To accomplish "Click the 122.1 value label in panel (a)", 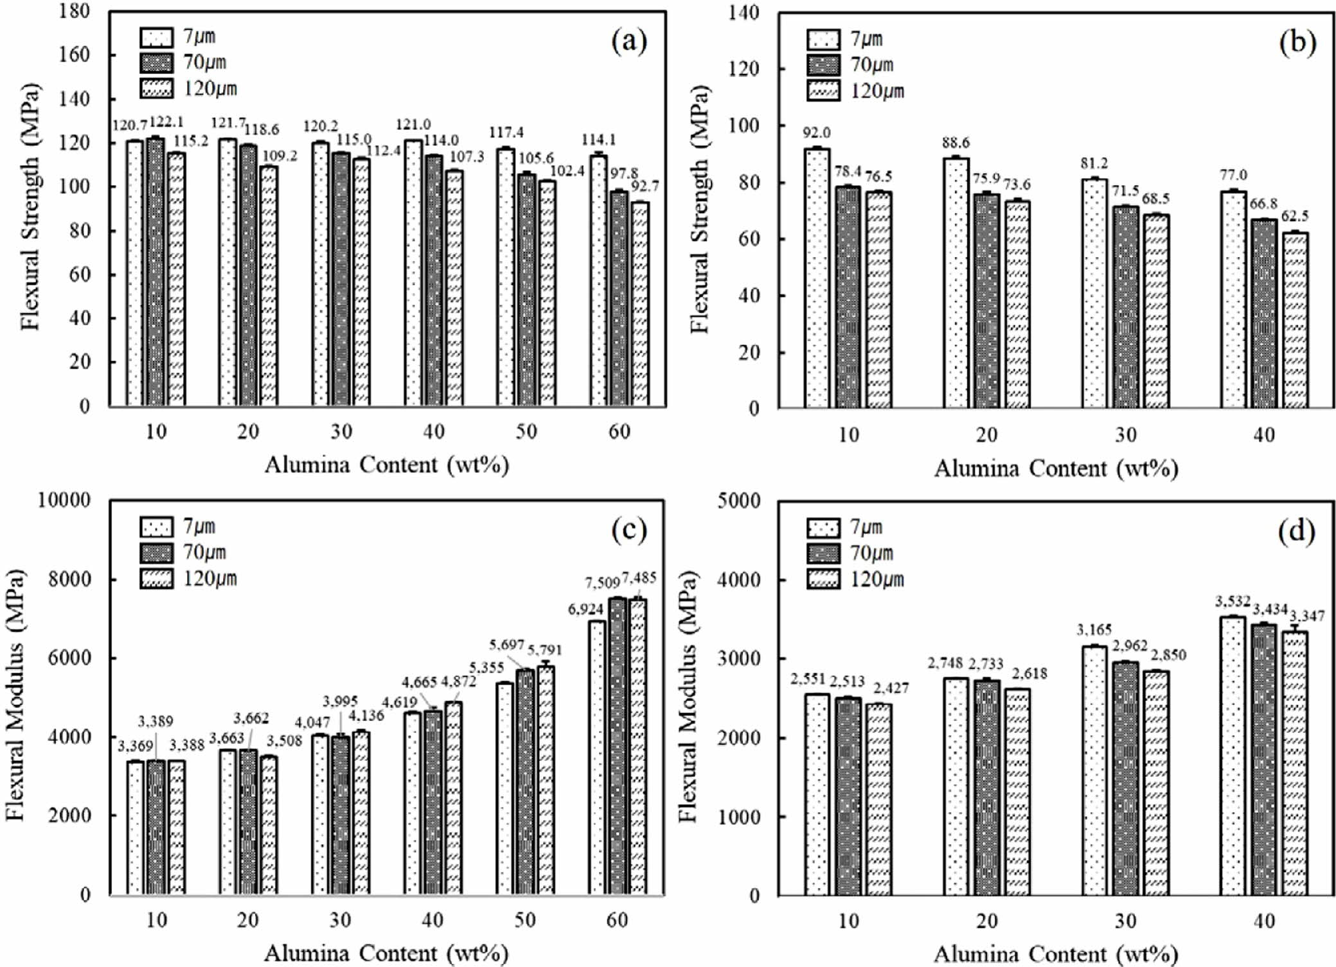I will pyautogui.click(x=166, y=122).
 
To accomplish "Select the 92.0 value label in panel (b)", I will pyautogui.click(x=816, y=133).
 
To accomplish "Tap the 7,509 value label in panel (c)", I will pyautogui.click(x=602, y=583).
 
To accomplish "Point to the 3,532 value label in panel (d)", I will pyautogui.click(x=1233, y=602).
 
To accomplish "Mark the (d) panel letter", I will pyautogui.click(x=1297, y=531).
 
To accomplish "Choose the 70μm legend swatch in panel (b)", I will pyautogui.click(x=823, y=65).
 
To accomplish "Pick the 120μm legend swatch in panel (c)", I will pyautogui.click(x=156, y=579).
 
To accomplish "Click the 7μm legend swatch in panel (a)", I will pyautogui.click(x=156, y=37).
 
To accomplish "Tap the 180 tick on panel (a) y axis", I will pyautogui.click(x=76, y=12).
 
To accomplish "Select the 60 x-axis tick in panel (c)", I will pyautogui.click(x=618, y=920).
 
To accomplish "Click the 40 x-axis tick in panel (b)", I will pyautogui.click(x=1264, y=435).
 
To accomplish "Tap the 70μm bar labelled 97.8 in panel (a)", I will pyautogui.click(x=618, y=298).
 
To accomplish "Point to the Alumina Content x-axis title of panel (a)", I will pyautogui.click(x=387, y=465).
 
